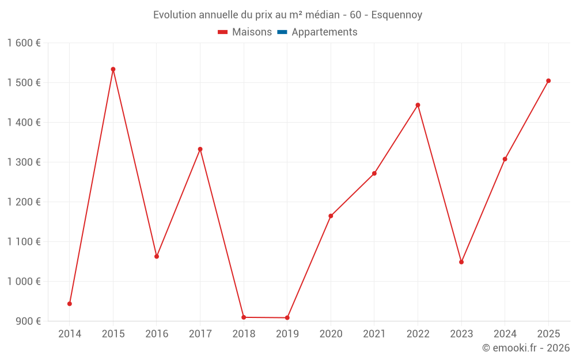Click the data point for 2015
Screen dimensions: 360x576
coord(113,69)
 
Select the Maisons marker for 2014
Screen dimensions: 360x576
coord(70,304)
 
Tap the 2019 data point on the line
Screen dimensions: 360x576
coord(287,318)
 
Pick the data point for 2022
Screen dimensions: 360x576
coord(418,105)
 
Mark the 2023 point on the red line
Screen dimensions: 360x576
coord(461,262)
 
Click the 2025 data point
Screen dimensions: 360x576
coord(548,81)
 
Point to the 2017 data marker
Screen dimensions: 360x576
coord(200,149)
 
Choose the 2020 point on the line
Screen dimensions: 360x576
coord(331,216)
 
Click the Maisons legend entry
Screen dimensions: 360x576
coord(245,32)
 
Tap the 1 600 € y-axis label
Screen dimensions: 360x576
coord(24,43)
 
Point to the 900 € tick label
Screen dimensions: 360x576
coord(28,321)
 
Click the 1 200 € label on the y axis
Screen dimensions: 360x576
coord(24,202)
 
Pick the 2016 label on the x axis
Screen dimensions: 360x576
coord(157,334)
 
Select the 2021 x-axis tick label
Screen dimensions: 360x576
coord(374,334)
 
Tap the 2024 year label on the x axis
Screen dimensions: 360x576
coord(505,334)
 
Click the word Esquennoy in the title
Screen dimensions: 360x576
coord(397,15)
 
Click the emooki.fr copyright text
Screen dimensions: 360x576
coord(526,348)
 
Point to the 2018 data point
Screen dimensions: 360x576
coord(244,317)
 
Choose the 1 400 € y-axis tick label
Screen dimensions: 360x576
coord(24,123)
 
